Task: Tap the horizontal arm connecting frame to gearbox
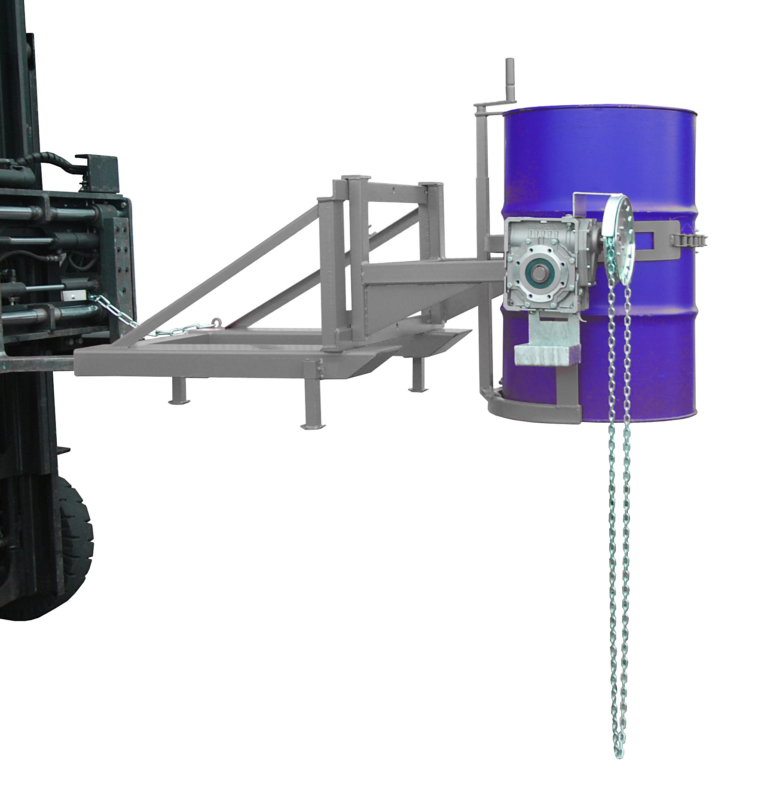pyautogui.click(x=430, y=275)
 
